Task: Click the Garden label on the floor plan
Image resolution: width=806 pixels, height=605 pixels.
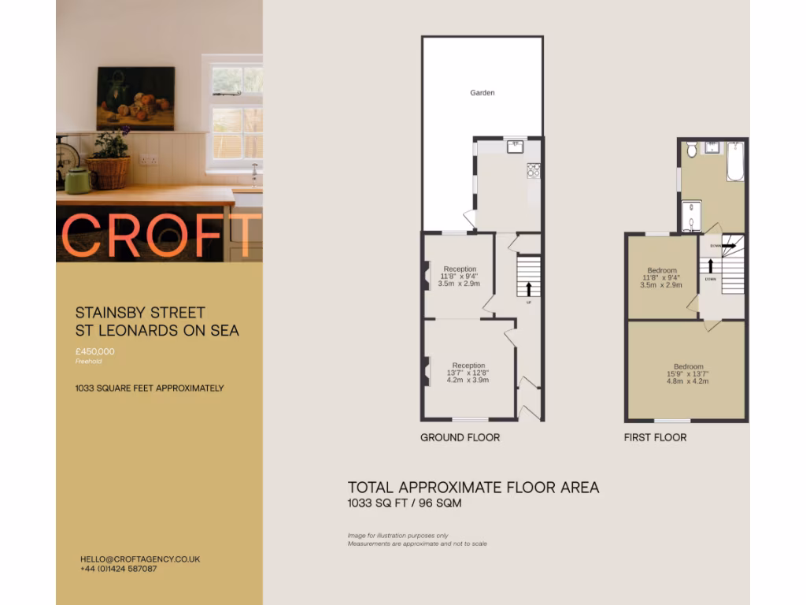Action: pos(482,93)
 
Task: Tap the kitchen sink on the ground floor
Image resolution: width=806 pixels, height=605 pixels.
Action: pos(515,145)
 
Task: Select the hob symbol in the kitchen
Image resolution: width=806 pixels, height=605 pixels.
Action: pos(534,169)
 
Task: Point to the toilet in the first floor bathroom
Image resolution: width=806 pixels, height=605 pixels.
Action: pos(691,150)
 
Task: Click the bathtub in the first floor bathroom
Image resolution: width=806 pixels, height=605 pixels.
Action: pos(735,161)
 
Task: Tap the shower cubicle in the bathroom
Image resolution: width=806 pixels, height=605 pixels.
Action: pos(691,217)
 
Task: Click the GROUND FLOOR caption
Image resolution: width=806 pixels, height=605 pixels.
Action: pos(460,437)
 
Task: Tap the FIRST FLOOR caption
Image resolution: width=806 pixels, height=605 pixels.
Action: pos(655,437)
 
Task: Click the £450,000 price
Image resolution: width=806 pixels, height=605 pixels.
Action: pos(95,351)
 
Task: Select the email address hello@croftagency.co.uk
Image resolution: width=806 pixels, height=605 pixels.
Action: pos(140,559)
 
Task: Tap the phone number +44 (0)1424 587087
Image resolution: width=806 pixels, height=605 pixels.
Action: pos(118,569)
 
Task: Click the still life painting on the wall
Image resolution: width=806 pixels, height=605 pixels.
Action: pos(135,98)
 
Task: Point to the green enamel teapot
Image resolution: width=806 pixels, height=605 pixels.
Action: pos(78,180)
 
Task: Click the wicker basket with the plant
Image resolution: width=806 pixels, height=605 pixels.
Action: pos(109,171)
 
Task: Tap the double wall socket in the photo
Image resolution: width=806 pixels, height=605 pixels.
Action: pos(148,160)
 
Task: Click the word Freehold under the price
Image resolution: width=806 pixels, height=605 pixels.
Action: pos(88,362)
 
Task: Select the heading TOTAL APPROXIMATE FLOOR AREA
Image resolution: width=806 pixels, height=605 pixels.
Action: pos(473,488)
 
